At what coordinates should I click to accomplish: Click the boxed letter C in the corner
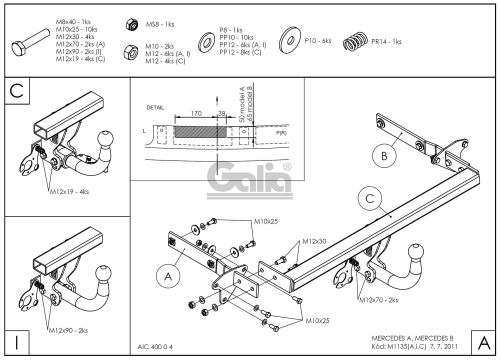point(14,91)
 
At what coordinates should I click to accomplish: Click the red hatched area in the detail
point(189,129)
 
